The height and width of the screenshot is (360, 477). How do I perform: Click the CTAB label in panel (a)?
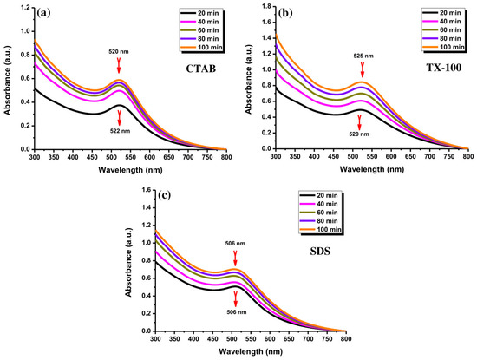coord(201,69)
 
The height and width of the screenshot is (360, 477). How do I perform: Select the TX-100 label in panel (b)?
coord(444,68)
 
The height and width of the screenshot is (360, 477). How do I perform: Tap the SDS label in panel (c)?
coord(320,252)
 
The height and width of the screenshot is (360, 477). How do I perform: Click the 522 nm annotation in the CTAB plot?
coord(120,131)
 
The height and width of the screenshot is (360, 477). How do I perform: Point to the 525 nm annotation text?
coord(363,56)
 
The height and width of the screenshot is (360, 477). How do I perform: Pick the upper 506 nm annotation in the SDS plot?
coord(235,244)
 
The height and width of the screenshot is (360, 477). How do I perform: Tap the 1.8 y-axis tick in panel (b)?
coord(267,6)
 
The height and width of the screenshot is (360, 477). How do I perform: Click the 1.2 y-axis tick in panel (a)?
coord(26,7)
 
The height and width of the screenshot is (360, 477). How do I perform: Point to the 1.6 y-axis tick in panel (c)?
coord(147,190)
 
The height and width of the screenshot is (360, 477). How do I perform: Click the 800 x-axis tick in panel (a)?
coord(226,157)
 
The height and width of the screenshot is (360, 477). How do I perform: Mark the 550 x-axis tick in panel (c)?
coord(251,338)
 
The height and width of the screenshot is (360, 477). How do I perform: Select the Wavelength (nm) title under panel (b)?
coord(372,169)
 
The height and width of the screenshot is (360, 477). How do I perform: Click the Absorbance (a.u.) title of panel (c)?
coord(129,259)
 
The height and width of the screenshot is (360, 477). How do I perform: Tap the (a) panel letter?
coord(43,13)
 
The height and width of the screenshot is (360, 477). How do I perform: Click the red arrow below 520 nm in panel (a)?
coord(119,65)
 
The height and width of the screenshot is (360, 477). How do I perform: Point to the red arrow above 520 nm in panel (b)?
coord(359,123)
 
